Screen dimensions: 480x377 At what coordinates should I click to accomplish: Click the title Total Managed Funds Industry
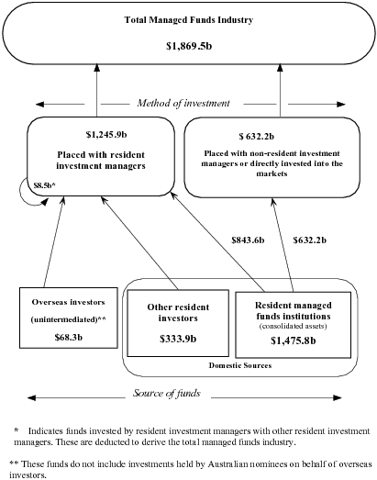click(187, 19)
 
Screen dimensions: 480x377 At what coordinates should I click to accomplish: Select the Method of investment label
click(188, 102)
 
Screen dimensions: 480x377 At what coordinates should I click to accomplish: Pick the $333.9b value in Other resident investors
click(172, 336)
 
